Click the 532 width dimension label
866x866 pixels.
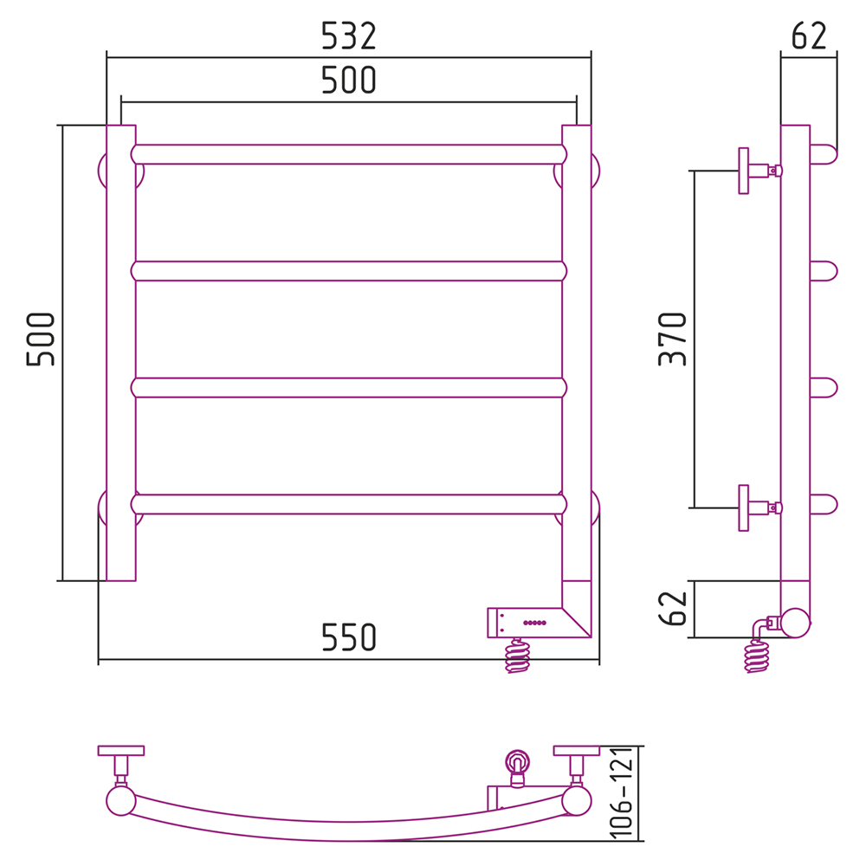tap(348, 36)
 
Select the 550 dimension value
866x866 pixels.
tap(348, 637)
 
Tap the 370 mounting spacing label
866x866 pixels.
tap(672, 339)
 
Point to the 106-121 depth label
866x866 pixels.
tap(621, 792)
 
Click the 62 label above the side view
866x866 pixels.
tap(809, 36)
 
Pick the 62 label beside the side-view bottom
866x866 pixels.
tap(672, 609)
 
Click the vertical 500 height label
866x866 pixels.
tap(41, 339)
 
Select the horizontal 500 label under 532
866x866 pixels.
tap(348, 80)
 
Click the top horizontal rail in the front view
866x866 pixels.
tap(349, 155)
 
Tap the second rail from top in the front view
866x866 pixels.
tap(349, 271)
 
